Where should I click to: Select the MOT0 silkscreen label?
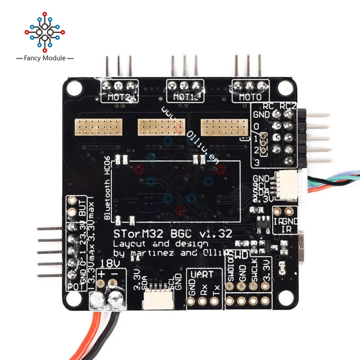click(248, 97)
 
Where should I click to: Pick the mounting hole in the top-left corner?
click(75, 86)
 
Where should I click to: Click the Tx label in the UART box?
click(216, 290)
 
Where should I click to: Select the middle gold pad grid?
click(160, 127)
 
